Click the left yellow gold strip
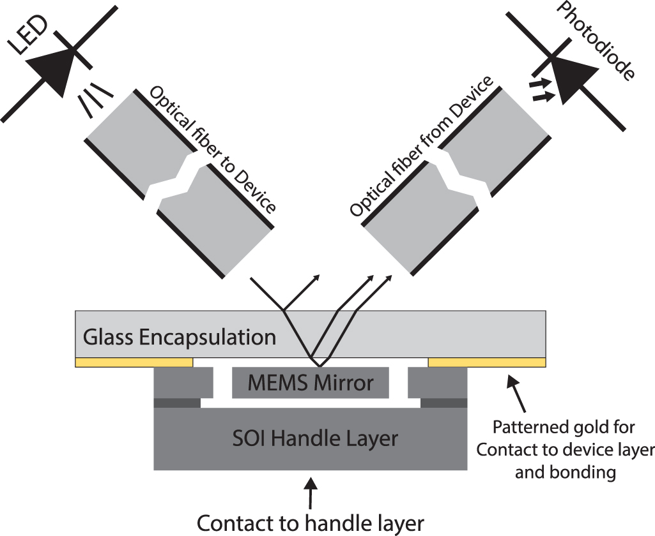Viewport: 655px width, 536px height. [134, 362]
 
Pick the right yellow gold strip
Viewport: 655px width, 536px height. [486, 362]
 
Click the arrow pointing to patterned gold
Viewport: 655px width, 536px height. [518, 392]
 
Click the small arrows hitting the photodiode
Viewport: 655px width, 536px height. [541, 89]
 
